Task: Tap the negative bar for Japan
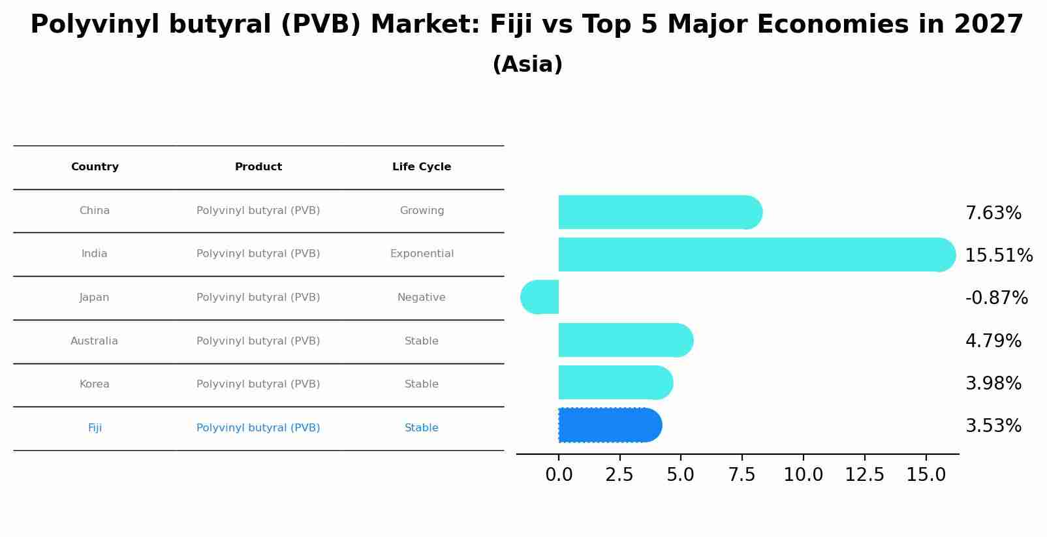click(540, 298)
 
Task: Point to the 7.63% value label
click(993, 213)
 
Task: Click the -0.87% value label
click(996, 298)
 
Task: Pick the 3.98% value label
click(993, 384)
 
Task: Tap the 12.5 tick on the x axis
click(864, 475)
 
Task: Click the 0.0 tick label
click(559, 475)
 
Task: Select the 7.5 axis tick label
click(742, 475)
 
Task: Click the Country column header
click(95, 167)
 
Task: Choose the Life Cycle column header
click(422, 167)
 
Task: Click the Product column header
click(258, 167)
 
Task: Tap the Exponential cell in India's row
click(422, 254)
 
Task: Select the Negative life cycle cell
click(422, 298)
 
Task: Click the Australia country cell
click(95, 341)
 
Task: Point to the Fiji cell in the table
click(95, 428)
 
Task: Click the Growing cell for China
click(422, 211)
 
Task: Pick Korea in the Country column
click(95, 384)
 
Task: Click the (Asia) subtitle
click(527, 65)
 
